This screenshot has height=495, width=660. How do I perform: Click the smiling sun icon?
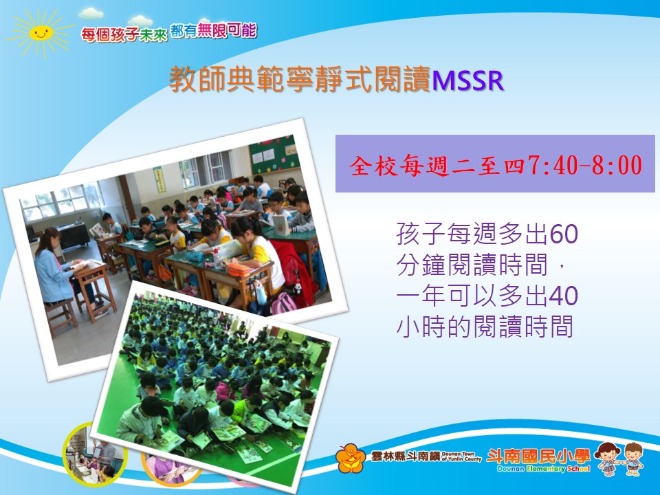[41, 33]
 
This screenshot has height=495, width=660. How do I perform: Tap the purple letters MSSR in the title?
[467, 80]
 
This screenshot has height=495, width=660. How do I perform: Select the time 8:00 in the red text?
[617, 164]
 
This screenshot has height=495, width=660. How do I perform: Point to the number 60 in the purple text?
[564, 234]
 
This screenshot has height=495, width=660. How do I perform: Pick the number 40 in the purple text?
[564, 296]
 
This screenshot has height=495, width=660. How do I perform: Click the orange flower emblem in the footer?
[351, 459]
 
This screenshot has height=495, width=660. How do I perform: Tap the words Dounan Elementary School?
[543, 469]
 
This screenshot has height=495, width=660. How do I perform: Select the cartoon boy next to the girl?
[633, 459]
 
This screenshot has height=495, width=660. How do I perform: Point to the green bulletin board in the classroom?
[274, 154]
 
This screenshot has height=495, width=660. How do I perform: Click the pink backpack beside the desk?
[283, 303]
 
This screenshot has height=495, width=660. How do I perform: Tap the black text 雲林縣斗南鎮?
[406, 456]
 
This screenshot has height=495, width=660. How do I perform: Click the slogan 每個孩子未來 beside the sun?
[124, 34]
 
